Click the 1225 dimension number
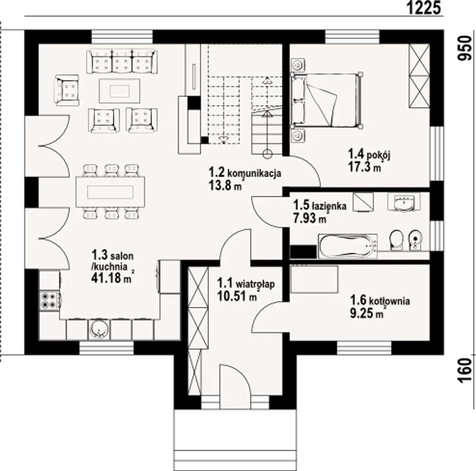(423, 8)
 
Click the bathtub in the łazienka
(348, 246)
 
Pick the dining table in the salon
(110, 192)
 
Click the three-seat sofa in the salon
(122, 61)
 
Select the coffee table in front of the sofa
(119, 91)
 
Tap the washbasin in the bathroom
(404, 202)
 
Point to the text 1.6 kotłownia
(380, 301)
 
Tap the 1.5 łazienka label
(320, 205)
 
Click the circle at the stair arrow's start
(267, 154)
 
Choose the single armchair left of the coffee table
(67, 90)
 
